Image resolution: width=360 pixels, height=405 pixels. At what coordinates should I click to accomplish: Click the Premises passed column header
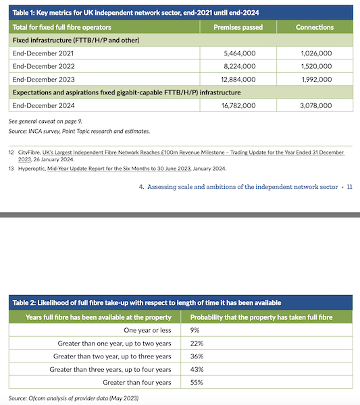pos(238,27)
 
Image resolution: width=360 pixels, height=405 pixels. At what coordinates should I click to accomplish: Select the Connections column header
pos(315,27)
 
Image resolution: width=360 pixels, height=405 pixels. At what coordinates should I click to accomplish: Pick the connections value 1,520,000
pos(315,66)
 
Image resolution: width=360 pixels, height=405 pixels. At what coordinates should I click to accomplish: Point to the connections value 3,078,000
pos(315,105)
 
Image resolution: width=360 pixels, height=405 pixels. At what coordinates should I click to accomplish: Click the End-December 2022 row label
pos(43,66)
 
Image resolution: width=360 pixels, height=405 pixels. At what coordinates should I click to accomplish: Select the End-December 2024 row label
pos(43,105)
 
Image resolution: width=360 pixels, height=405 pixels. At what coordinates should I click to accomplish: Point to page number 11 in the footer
pos(349,187)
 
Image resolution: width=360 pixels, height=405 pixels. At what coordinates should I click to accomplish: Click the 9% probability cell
pos(196,331)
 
